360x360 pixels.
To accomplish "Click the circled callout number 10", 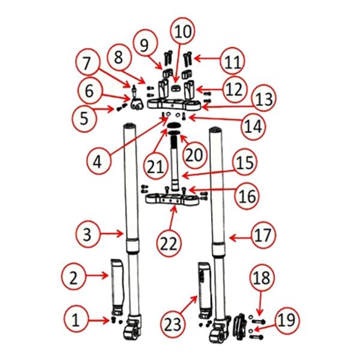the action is click(x=183, y=31).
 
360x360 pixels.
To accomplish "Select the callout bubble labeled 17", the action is click(x=263, y=235).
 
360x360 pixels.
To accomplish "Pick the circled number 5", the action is click(x=84, y=118).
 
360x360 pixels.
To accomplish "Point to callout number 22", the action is click(x=169, y=244).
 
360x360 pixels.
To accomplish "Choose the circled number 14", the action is click(x=253, y=126).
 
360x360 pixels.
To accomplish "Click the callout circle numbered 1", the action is click(x=76, y=319).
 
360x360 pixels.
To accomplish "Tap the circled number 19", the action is click(x=287, y=320).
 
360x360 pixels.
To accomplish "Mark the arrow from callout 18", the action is click(x=260, y=303).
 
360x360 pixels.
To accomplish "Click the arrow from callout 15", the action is click(x=208, y=174).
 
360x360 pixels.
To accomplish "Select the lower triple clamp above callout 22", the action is click(x=172, y=199).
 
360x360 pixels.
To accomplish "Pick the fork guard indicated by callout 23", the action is click(x=205, y=290).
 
